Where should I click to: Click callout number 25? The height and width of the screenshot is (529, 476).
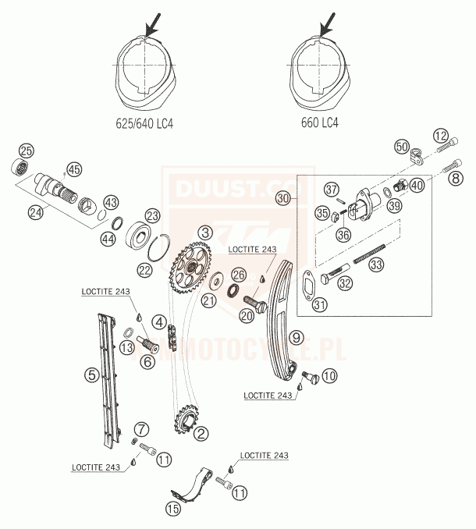(x=27, y=151)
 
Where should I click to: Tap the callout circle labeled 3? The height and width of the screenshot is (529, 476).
(x=204, y=232)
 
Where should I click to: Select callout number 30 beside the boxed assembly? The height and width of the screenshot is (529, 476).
(x=283, y=199)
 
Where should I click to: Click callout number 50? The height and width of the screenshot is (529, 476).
(x=402, y=146)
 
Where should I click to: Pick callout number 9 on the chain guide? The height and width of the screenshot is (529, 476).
(x=295, y=338)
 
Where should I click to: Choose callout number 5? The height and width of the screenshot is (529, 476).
(x=92, y=376)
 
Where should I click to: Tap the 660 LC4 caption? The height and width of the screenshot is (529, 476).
(x=320, y=122)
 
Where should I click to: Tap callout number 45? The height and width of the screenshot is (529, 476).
(x=74, y=169)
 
